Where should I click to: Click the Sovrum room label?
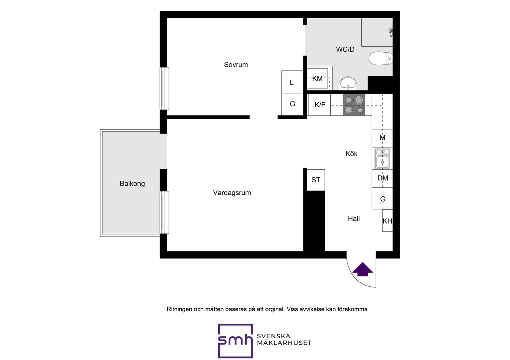[235, 65]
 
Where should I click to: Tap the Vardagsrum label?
[232, 193]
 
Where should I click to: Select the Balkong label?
[132, 184]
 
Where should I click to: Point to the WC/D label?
[345, 49]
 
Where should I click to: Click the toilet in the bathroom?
[381, 58]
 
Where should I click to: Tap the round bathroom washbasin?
[348, 84]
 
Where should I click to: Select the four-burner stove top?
[354, 105]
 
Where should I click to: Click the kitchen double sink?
[382, 158]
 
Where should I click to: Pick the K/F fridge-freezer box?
[320, 105]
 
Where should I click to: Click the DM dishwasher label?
[383, 178]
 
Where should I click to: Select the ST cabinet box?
[316, 180]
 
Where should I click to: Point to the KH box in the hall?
[388, 221]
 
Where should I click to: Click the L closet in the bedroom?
[292, 82]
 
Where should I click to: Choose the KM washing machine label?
[317, 78]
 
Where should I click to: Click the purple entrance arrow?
[363, 270]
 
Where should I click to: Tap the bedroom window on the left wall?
[165, 88]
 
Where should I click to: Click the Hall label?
[353, 219]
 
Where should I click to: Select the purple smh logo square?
[235, 341]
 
